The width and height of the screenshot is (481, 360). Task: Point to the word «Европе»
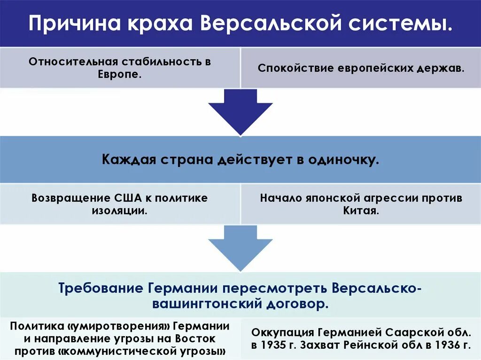pyautogui.click(x=120, y=75)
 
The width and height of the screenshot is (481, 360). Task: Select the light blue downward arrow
pyautogui.click(x=240, y=246)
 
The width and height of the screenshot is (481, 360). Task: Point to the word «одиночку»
pyautogui.click(x=342, y=160)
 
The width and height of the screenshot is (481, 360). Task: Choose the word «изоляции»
pyautogui.click(x=120, y=211)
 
